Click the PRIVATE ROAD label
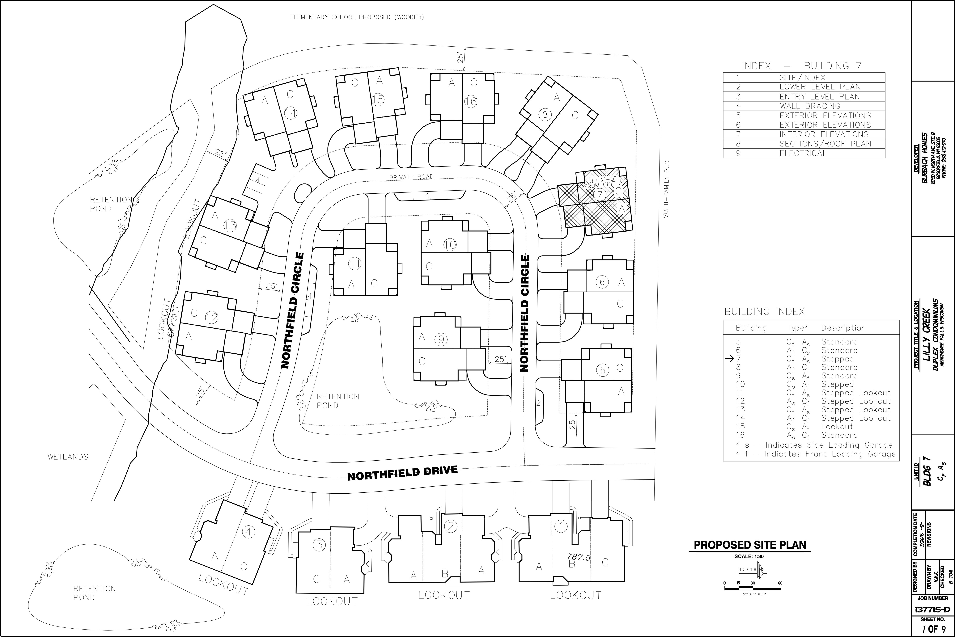[x=411, y=177]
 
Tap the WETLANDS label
[x=68, y=457]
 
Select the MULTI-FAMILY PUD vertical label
[x=666, y=190]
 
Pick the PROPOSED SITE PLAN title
[x=750, y=545]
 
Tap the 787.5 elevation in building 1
[x=578, y=557]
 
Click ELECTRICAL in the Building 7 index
[x=803, y=153]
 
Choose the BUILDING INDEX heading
[x=764, y=312]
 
